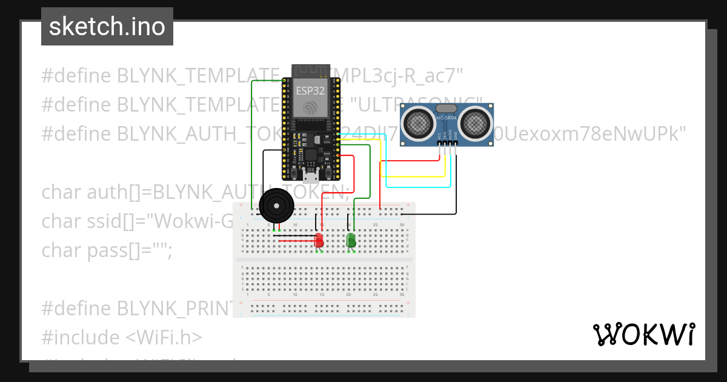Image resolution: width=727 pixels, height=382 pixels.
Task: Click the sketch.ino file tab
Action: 107,27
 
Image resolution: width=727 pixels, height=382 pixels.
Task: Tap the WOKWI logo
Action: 643,334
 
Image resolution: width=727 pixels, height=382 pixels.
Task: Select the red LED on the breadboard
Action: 319,241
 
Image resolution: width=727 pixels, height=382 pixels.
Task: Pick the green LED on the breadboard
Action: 351,240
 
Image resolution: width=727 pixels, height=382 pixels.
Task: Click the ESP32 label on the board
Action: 310,92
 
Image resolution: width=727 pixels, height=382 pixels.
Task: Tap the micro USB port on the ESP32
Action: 311,176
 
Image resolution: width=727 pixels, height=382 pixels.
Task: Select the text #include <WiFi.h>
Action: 122,337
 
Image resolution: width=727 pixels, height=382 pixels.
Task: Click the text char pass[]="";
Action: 107,250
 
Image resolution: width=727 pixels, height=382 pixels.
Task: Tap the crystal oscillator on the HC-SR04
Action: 446,108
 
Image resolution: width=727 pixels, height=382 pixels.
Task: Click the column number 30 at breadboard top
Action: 402,225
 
